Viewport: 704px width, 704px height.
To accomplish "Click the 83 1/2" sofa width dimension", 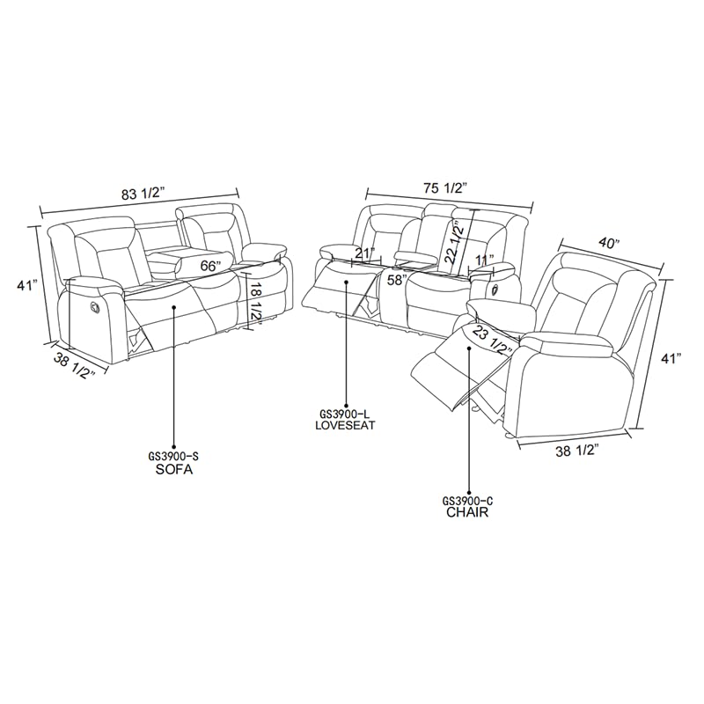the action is (143, 194).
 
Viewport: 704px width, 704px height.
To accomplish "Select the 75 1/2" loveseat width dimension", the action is (446, 188).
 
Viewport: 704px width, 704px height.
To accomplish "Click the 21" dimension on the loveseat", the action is (365, 253).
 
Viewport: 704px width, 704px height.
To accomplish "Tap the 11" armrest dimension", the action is (485, 260).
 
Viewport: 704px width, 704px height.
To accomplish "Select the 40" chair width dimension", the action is (608, 243).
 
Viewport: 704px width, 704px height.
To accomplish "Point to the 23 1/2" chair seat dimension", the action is (493, 340).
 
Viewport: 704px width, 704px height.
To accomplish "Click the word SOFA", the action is (173, 470).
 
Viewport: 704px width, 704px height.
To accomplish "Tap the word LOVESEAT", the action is (345, 425).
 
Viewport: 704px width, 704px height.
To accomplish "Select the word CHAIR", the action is (467, 512).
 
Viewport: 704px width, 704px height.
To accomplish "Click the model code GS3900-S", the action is (173, 457).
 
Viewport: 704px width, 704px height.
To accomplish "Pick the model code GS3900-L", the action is (344, 413).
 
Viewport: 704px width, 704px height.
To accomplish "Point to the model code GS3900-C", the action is (468, 500).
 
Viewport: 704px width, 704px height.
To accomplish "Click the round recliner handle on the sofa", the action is (95, 306).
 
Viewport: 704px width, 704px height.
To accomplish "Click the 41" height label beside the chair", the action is (672, 358).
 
